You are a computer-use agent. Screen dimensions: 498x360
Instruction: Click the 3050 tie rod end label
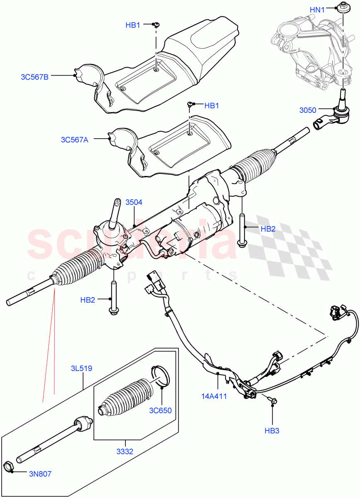[308, 110]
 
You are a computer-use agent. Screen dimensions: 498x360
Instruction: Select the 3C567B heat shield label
[35, 76]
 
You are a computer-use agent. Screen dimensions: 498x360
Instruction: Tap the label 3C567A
[73, 140]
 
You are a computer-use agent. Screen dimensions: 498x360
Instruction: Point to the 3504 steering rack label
[134, 202]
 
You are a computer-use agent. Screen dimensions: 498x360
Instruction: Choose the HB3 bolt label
[272, 430]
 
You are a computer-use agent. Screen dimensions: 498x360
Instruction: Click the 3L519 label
[81, 368]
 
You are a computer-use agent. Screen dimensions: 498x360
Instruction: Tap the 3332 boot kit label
[125, 451]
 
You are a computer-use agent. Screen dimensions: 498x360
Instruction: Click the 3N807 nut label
[40, 474]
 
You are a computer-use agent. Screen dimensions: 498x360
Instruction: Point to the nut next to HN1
[343, 8]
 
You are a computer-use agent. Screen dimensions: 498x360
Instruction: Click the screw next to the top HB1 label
[157, 25]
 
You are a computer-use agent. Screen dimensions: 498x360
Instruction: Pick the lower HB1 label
[211, 106]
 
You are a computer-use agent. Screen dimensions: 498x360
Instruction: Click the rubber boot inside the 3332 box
[125, 396]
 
